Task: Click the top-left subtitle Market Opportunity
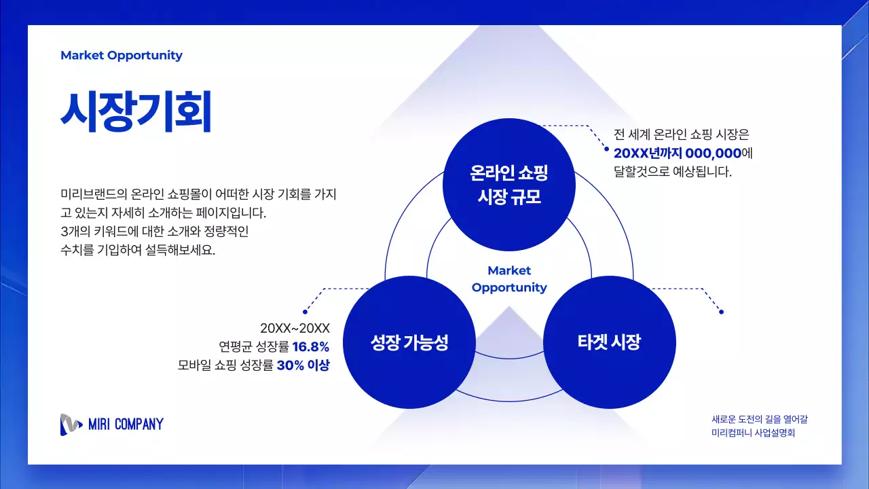122,56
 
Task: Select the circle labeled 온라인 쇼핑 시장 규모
509,185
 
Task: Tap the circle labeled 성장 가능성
409,342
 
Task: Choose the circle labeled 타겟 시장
609,342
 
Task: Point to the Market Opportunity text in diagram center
509,279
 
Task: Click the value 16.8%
310,346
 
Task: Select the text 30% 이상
303,365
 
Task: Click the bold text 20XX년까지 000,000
677,153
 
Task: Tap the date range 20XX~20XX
295,328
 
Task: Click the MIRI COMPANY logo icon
71,424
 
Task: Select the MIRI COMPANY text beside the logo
126,425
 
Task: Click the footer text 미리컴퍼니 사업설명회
752,433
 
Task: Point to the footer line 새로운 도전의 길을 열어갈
759,419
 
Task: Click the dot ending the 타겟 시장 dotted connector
721,312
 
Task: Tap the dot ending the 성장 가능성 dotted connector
305,312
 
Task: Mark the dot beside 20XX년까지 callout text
606,149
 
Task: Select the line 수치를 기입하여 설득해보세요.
137,250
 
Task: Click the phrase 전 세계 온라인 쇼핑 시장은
680,134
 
